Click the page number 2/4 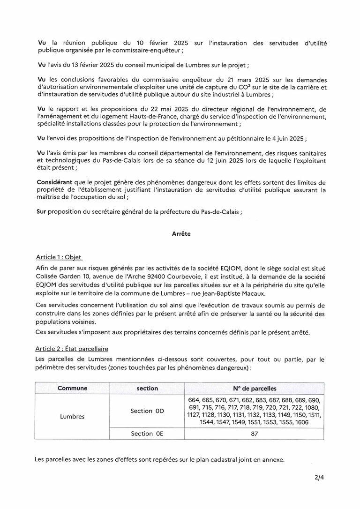(x=320, y=479)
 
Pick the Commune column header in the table (x=72, y=389)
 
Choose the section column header (x=147, y=389)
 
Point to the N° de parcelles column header (x=254, y=389)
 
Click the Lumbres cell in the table (x=72, y=416)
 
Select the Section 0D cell (x=147, y=411)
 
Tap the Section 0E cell (x=147, y=434)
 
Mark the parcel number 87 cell (x=254, y=434)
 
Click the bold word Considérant (x=55, y=182)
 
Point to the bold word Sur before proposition (x=41, y=211)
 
